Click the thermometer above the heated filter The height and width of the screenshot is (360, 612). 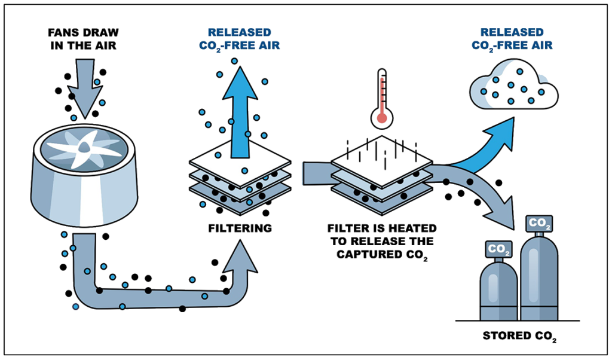[381, 99]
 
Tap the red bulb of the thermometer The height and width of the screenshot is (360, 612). [380, 118]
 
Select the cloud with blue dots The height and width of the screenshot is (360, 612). [513, 87]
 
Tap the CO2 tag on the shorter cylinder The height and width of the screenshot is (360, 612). [499, 248]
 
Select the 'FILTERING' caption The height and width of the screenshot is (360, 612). [239, 228]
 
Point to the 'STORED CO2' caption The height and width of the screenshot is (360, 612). [519, 335]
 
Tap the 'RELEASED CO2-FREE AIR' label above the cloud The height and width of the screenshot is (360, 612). [512, 38]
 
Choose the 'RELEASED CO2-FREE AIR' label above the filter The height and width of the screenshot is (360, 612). [239, 38]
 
